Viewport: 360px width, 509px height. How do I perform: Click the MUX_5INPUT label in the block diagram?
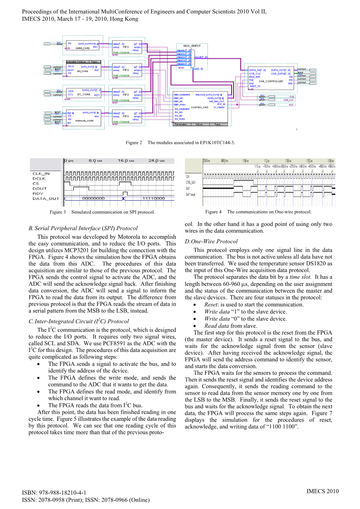point(192,46)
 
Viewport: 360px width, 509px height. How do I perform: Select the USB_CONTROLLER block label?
point(271,81)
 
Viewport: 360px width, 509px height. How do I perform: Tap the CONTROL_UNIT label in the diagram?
point(200,107)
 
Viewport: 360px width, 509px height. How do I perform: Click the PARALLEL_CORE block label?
point(84,121)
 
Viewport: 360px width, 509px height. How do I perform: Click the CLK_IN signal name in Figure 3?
point(41,174)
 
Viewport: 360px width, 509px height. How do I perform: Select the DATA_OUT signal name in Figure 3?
point(46,199)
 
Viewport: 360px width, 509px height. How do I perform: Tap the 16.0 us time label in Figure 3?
point(126,161)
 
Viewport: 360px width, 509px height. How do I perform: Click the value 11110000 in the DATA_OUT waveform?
point(154,198)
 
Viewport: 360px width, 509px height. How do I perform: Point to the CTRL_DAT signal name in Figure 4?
point(191,182)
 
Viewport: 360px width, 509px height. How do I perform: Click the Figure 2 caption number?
point(134,143)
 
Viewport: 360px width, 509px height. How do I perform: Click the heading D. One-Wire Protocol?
point(211,241)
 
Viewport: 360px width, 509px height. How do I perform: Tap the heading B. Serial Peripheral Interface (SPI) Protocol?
point(83,228)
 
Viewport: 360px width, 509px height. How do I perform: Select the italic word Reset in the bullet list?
point(211,305)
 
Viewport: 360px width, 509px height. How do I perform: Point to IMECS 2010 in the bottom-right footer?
point(322,491)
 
